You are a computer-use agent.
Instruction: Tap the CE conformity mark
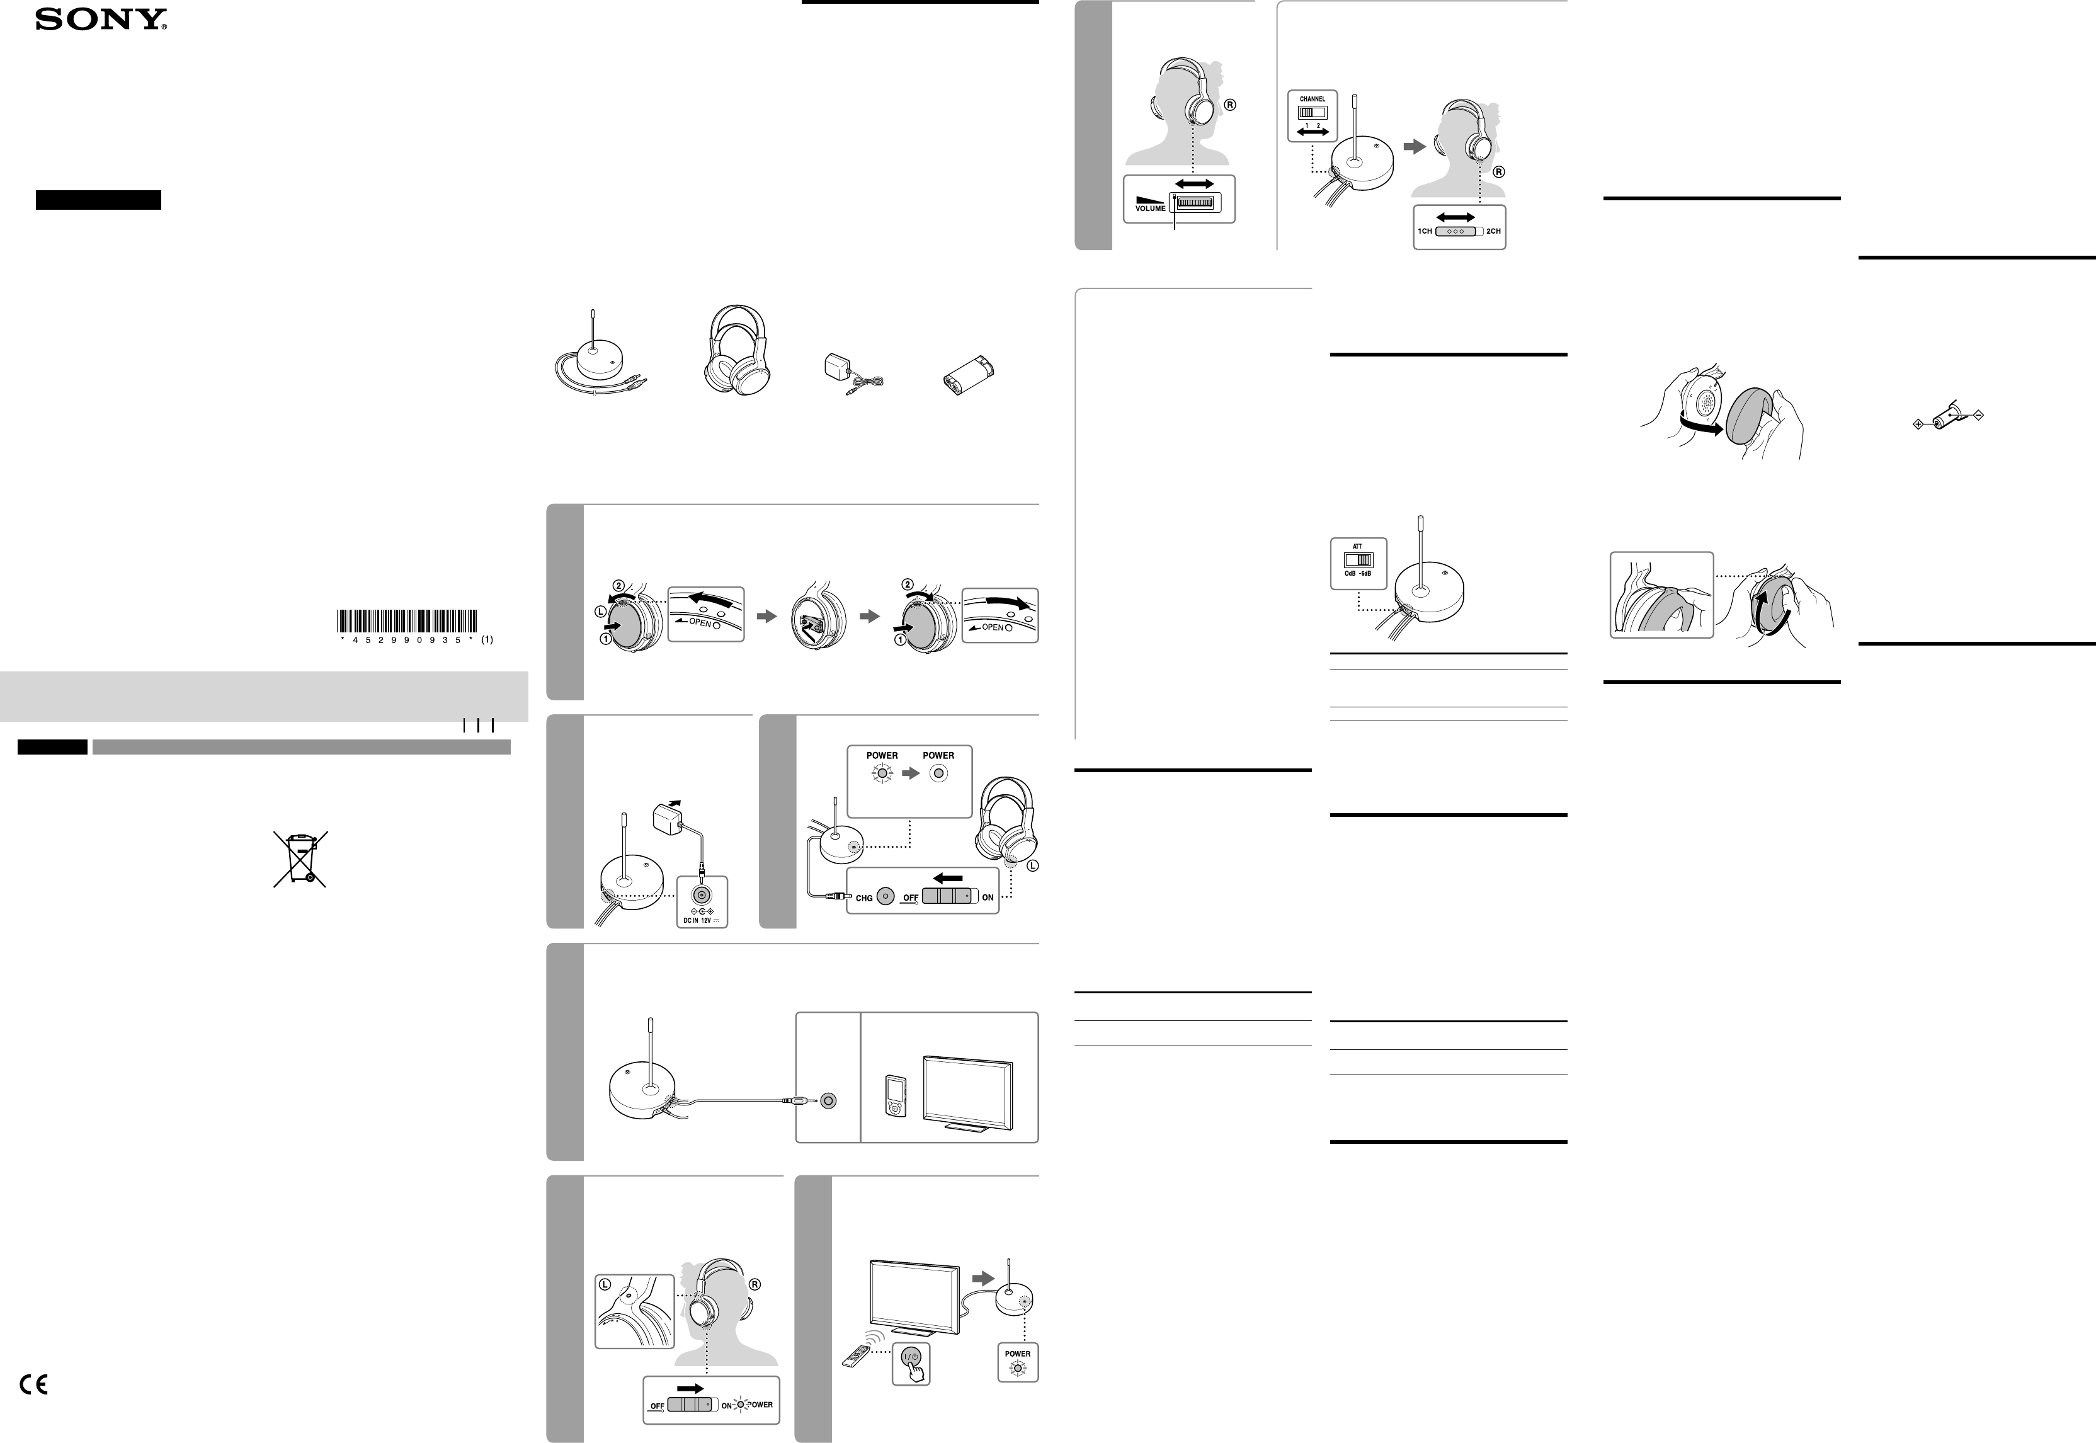tap(33, 1384)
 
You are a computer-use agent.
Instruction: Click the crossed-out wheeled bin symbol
tap(300, 859)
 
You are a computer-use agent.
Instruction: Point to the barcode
tap(407, 620)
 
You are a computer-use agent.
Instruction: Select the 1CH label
tap(1425, 231)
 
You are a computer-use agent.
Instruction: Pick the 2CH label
tap(1493, 231)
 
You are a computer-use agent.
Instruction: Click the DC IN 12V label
tap(700, 920)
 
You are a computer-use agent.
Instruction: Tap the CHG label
tap(864, 898)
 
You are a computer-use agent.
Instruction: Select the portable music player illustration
tap(894, 1096)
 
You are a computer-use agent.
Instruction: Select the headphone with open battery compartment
tap(816, 615)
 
